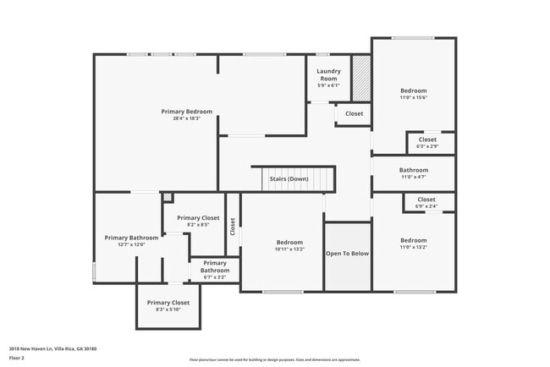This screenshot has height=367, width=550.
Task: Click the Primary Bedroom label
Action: click(x=186, y=112)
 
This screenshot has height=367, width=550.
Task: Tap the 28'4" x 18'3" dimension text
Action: click(x=186, y=118)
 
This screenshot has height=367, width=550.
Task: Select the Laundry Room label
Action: click(x=327, y=75)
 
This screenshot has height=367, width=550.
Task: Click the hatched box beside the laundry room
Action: click(x=361, y=79)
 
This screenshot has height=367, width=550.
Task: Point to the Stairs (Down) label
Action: click(x=289, y=178)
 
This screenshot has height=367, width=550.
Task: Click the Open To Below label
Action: click(x=348, y=253)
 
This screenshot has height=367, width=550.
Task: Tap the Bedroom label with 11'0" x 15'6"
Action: click(x=414, y=90)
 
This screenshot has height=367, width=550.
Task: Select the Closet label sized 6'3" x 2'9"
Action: click(x=427, y=140)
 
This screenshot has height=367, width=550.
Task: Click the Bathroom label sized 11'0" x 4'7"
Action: click(x=414, y=170)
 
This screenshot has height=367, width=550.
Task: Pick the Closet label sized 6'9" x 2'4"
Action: click(x=426, y=200)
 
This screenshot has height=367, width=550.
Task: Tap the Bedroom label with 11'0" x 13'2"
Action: click(x=414, y=240)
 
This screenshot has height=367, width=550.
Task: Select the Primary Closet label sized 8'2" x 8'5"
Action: click(x=197, y=218)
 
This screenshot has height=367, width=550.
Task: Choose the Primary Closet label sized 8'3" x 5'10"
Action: click(x=168, y=303)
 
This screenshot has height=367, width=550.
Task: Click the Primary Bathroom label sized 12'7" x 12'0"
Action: click(x=131, y=238)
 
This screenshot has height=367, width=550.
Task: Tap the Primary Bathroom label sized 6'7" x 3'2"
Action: click(x=214, y=266)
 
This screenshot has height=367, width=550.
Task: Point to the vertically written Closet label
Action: click(x=233, y=227)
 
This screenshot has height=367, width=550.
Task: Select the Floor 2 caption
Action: click(x=18, y=358)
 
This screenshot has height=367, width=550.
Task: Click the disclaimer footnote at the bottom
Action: click(x=274, y=359)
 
